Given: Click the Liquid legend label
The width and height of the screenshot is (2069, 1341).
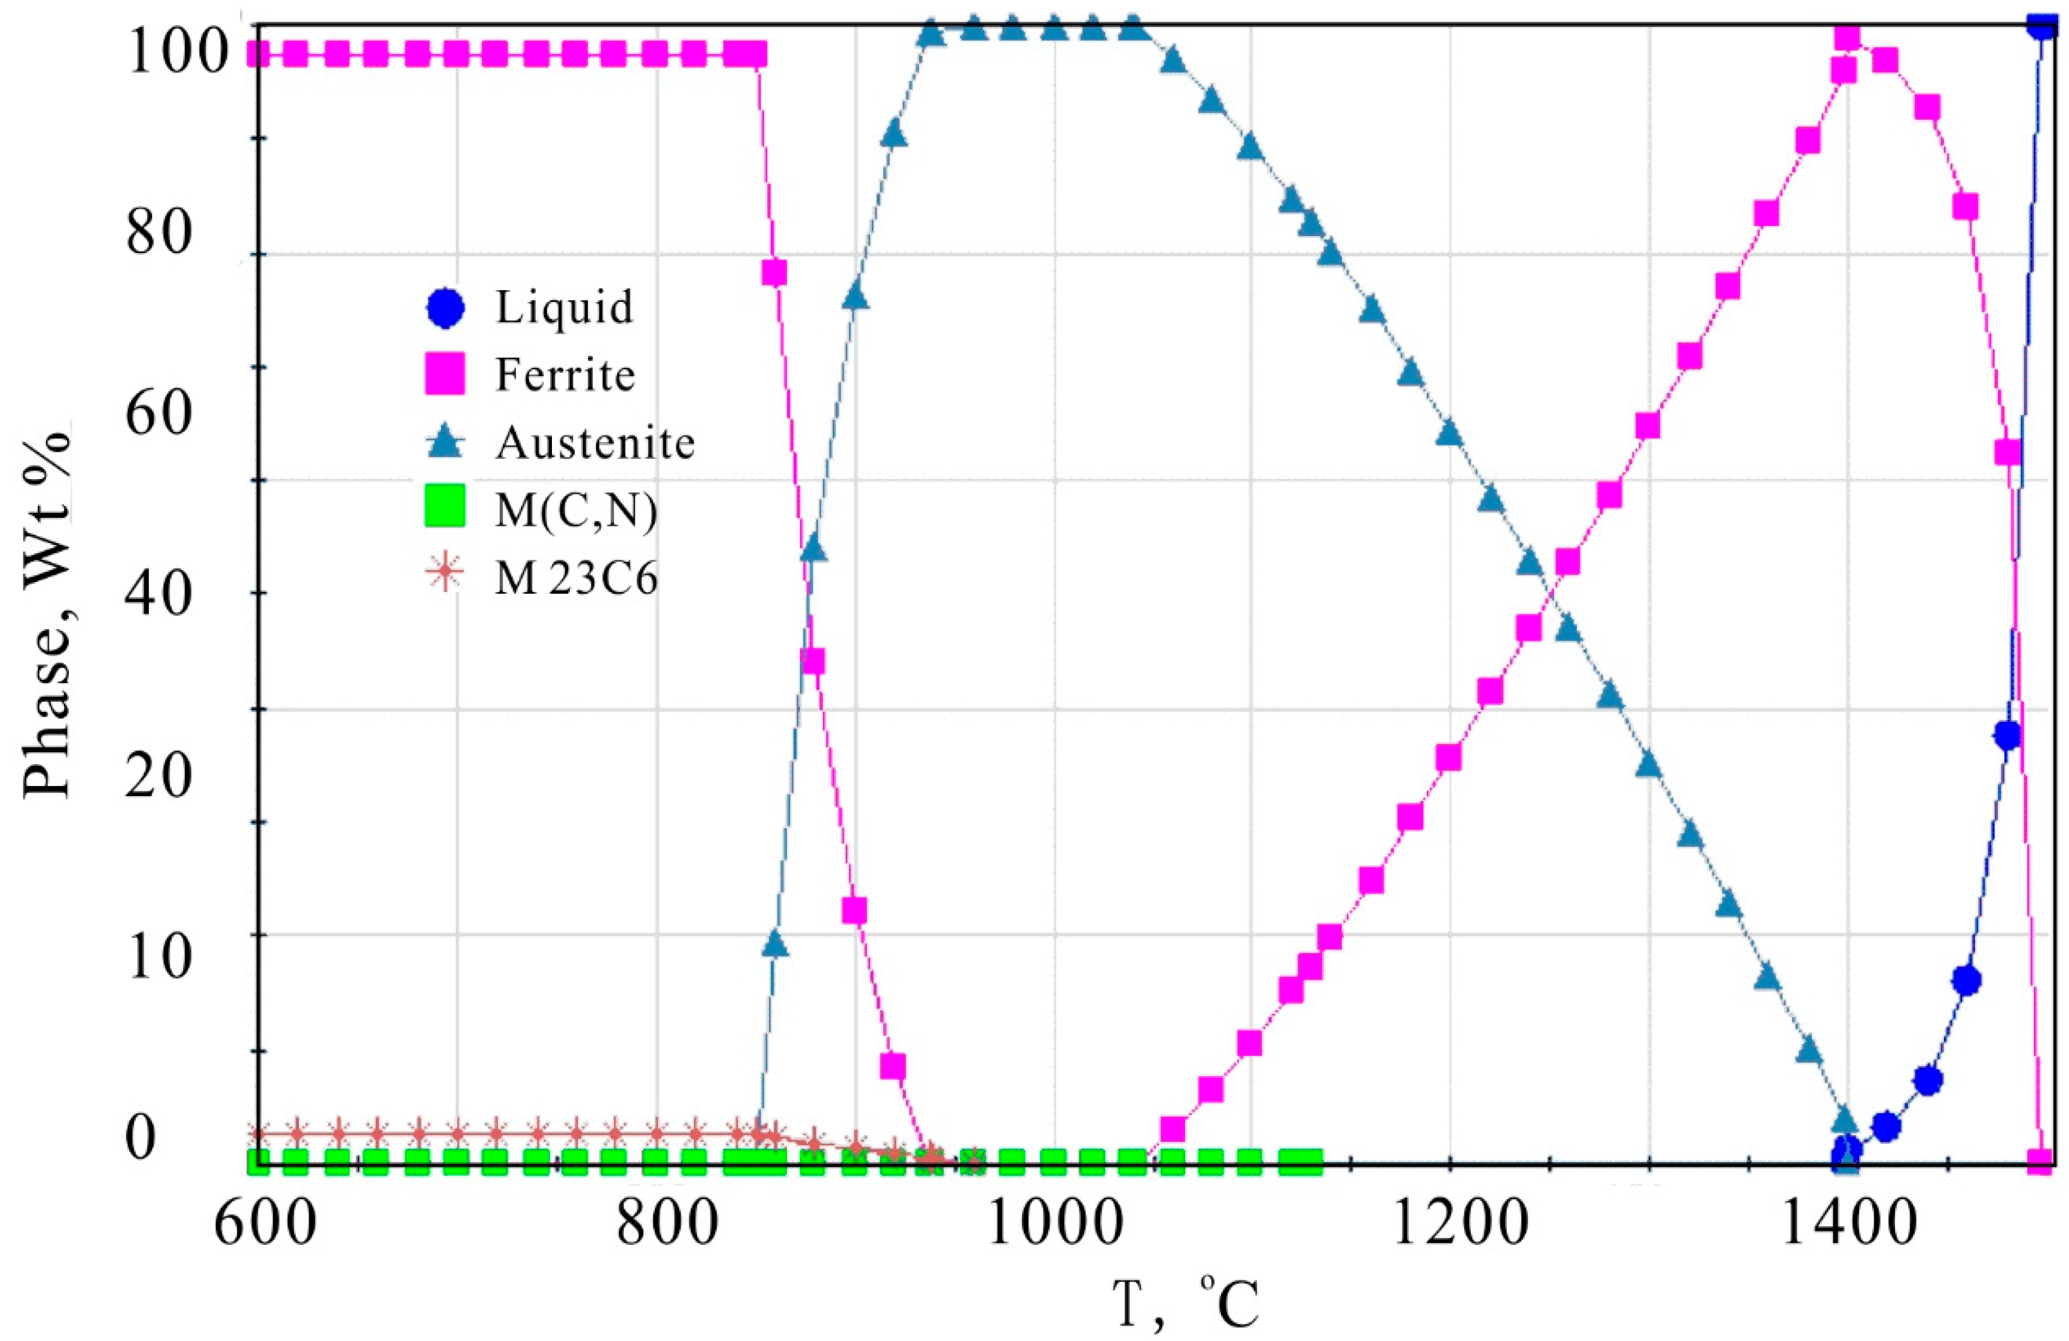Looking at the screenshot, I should [564, 308].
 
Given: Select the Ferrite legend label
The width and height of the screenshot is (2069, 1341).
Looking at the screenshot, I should [565, 376].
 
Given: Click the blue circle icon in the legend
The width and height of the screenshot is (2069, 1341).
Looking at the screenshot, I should [444, 308].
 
